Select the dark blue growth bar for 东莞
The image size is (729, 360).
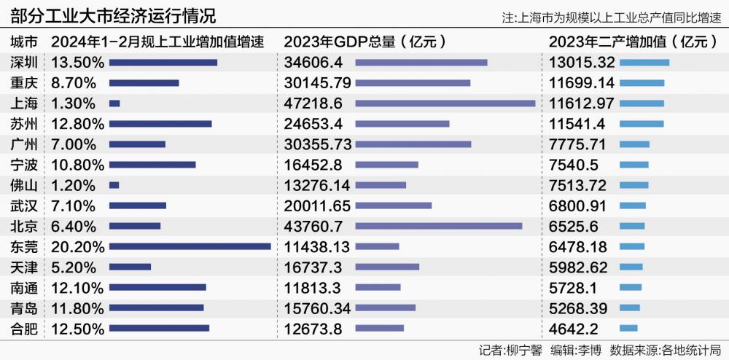[x=190, y=247]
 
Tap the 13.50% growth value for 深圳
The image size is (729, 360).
[x=78, y=63]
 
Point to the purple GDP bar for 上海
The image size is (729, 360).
[x=445, y=103]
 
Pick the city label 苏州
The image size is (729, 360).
[x=25, y=124]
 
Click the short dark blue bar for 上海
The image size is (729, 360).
[x=114, y=103]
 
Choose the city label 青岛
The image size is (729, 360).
[x=25, y=308]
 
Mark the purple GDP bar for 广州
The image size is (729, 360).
[x=413, y=144]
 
